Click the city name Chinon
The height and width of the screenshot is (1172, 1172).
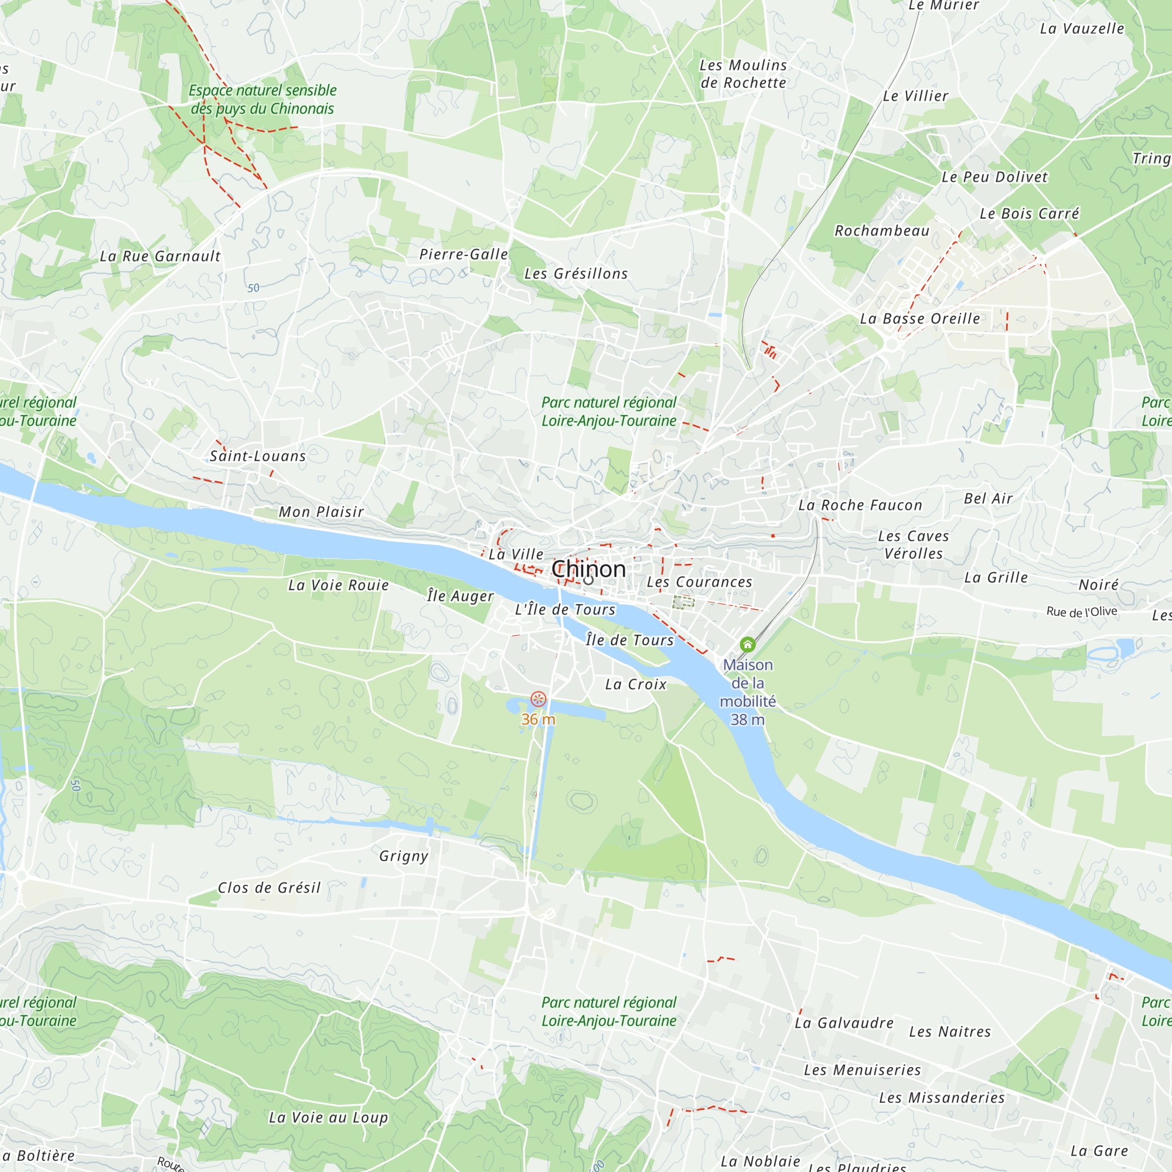point(588,569)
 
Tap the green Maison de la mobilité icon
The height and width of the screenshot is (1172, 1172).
point(747,644)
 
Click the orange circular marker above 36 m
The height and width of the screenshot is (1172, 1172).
point(538,700)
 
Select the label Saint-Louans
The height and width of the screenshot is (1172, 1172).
point(258,456)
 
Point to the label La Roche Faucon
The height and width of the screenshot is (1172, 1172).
point(860,505)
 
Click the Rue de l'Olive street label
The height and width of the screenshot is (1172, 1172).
point(1082,611)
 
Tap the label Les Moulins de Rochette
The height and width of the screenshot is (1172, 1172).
point(743,74)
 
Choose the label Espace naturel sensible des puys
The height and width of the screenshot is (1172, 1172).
point(262,100)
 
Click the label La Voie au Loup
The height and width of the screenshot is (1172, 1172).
point(328,1118)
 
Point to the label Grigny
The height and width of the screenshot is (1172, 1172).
point(403,856)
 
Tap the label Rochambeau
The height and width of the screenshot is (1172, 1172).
point(881,231)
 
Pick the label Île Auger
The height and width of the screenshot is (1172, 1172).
point(460,597)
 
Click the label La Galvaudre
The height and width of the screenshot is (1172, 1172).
point(844,1023)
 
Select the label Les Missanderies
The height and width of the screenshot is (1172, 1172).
point(942,1098)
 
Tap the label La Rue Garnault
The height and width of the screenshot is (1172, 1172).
point(160,257)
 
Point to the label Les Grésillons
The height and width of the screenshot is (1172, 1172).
point(575,274)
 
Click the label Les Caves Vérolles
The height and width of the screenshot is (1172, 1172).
point(913,545)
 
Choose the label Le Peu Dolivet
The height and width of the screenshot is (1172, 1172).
point(994,177)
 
